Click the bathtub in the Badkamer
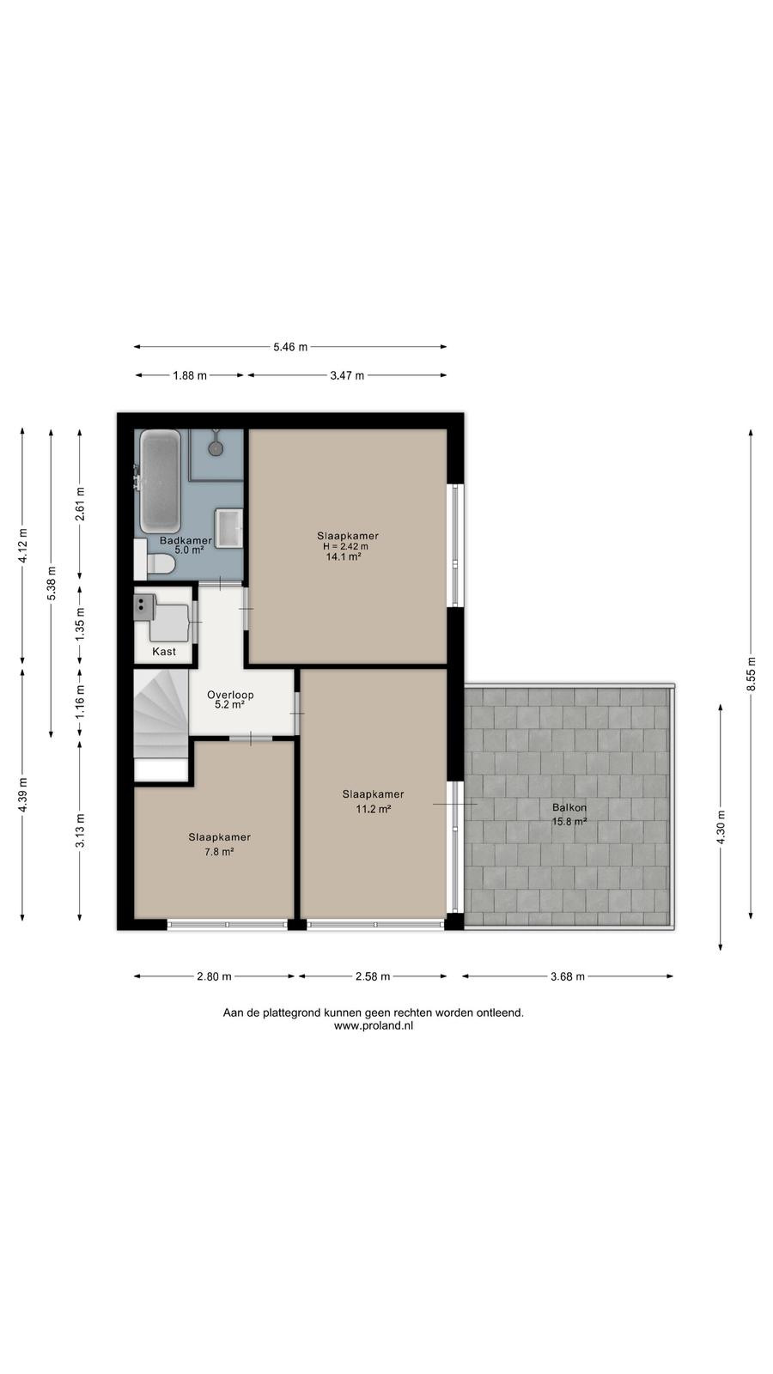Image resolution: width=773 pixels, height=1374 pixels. [x=160, y=482]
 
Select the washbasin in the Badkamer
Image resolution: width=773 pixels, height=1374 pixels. [x=228, y=527]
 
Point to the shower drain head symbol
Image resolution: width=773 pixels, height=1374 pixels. [x=216, y=447]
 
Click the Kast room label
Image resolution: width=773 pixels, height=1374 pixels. [x=164, y=652]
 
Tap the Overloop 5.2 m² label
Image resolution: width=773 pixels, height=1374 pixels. [x=230, y=700]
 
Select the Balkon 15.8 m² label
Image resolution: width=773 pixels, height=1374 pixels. [x=569, y=815]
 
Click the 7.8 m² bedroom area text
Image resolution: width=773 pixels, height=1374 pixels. [x=219, y=851]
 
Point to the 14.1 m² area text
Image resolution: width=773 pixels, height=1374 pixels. [x=344, y=557]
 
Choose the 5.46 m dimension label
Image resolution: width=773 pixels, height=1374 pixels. [x=290, y=347]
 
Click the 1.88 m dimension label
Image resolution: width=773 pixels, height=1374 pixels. [x=190, y=375]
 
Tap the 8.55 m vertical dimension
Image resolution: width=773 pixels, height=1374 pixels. [x=751, y=674]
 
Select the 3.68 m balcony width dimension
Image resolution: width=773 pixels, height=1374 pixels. [x=568, y=976]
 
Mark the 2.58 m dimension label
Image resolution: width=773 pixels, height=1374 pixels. [x=373, y=976]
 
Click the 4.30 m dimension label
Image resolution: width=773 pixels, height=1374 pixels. [x=721, y=828]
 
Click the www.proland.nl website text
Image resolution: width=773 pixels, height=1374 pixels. [x=373, y=1025]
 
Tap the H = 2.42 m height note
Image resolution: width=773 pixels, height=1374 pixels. [x=345, y=546]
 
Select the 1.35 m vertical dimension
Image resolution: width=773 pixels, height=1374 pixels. [x=80, y=624]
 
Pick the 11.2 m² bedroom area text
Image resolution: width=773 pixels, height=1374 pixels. [x=374, y=808]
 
